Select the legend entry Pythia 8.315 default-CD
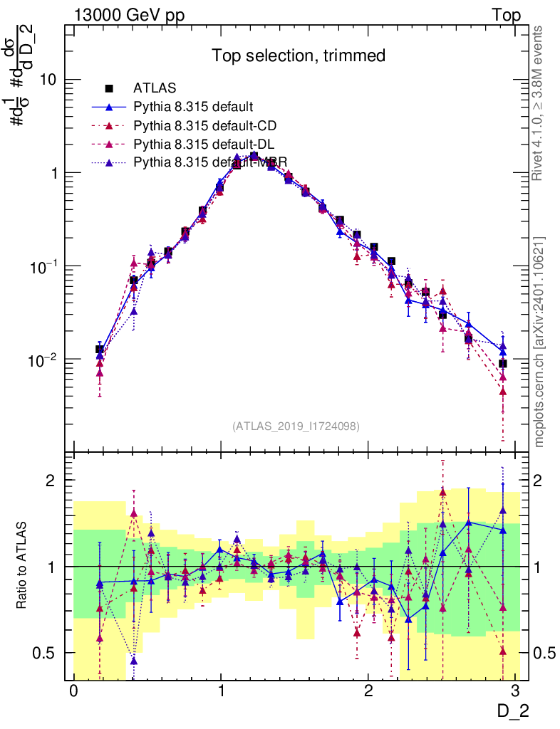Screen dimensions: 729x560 click(x=204, y=126)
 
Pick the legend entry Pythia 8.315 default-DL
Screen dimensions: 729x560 click(x=204, y=145)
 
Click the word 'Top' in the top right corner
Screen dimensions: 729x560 click(x=506, y=15)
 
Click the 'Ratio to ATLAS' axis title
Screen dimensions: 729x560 click(x=23, y=566)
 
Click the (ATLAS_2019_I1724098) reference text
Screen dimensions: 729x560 click(x=296, y=426)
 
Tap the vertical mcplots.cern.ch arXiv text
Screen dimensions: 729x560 click(x=540, y=342)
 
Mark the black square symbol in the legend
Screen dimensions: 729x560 click(x=109, y=88)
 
